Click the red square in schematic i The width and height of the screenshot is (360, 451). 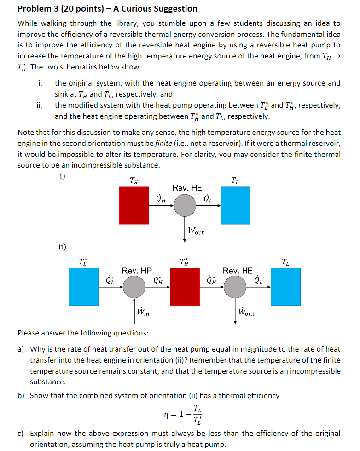click(134, 205)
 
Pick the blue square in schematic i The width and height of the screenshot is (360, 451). click(235, 205)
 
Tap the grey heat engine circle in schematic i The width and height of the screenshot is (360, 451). click(185, 205)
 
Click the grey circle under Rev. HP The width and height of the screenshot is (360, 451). click(134, 287)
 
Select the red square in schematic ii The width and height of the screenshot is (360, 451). click(185, 287)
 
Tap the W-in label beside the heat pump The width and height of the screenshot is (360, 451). click(143, 312)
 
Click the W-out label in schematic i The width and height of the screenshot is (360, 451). click(196, 231)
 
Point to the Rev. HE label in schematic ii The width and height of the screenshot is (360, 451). click(238, 271)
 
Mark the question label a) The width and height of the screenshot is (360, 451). click(21, 350)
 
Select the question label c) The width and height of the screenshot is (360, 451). click(21, 434)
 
